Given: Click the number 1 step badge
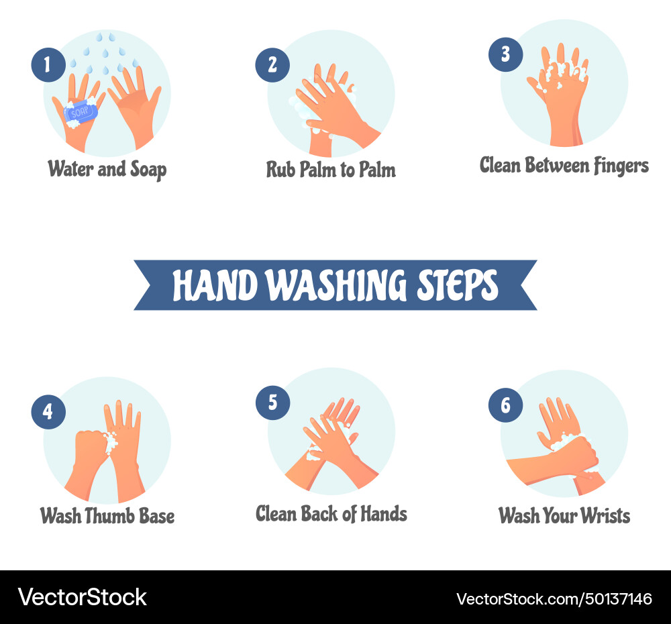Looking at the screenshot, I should tap(48, 65).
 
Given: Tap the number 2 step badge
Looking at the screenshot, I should tap(272, 65).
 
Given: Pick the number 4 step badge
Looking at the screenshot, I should tap(48, 411).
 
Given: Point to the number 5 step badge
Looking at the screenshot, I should tap(272, 403).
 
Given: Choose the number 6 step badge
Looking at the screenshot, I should tap(505, 405).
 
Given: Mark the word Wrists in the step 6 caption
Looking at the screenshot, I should tap(602, 516).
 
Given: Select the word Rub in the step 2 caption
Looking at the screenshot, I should tap(280, 169).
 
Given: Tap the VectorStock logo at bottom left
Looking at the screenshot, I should tap(82, 597).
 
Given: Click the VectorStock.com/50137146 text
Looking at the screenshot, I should tap(554, 599).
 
